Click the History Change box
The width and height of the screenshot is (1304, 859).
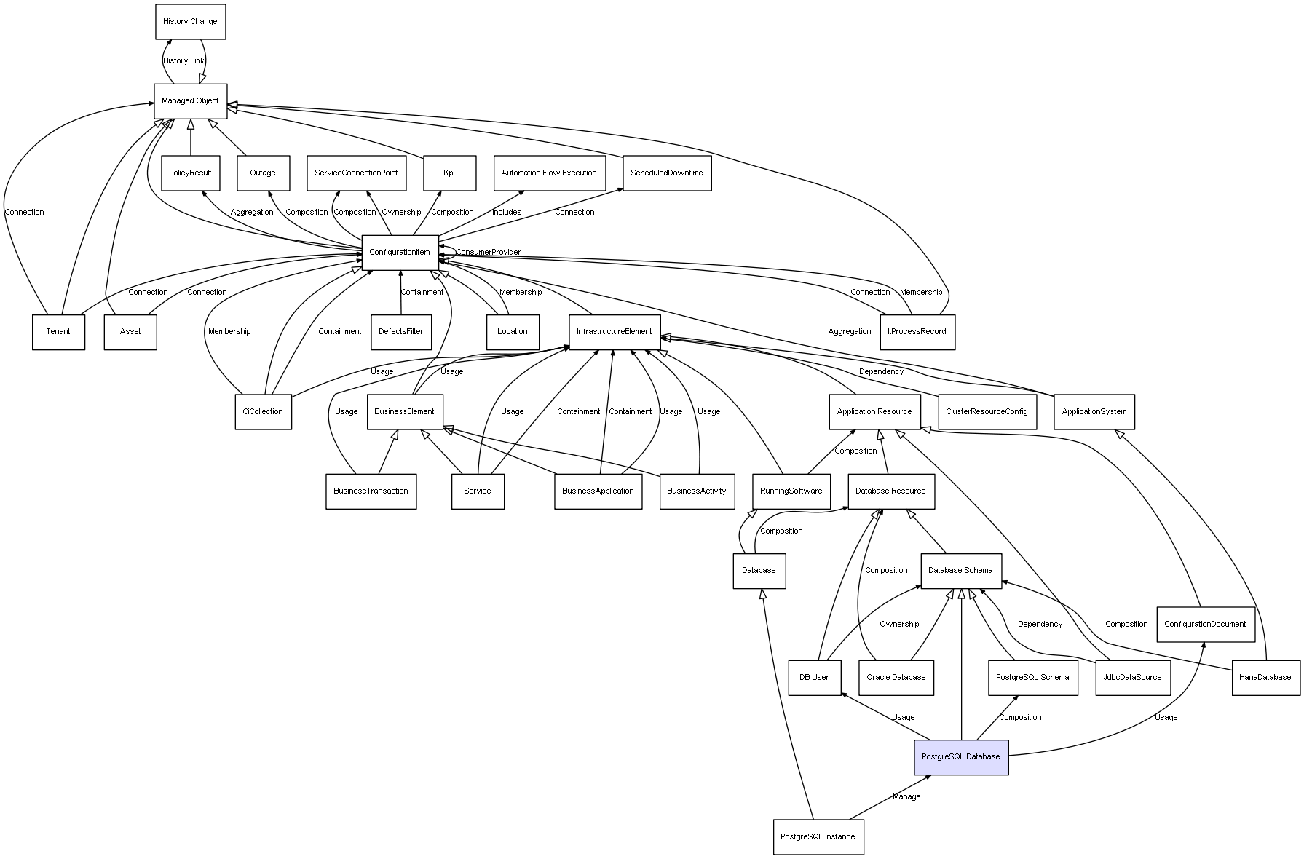pyautogui.click(x=190, y=22)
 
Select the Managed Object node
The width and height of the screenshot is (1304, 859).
pyautogui.click(x=190, y=101)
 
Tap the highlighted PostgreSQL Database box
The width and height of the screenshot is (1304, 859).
pyautogui.click(x=961, y=757)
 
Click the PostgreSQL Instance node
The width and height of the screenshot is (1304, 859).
pyautogui.click(x=818, y=836)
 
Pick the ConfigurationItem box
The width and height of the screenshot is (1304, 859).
pyautogui.click(x=400, y=253)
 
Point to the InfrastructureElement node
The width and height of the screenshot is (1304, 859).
pyautogui.click(x=614, y=332)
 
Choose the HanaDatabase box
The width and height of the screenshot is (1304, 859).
pyautogui.click(x=1265, y=677)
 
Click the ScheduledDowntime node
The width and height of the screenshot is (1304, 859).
pyautogui.click(x=666, y=173)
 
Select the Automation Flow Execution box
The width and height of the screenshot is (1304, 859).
pyautogui.click(x=549, y=173)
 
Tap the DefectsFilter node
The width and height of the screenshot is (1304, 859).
pyautogui.click(x=400, y=332)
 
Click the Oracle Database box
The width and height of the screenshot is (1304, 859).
pyautogui.click(x=896, y=677)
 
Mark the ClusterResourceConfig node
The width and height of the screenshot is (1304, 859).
pyautogui.click(x=987, y=412)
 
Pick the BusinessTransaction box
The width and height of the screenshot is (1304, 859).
pyautogui.click(x=371, y=491)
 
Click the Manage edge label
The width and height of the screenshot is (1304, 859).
pyautogui.click(x=906, y=796)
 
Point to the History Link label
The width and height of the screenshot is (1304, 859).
pyautogui.click(x=184, y=61)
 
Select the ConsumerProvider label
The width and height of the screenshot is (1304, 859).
pyautogui.click(x=488, y=253)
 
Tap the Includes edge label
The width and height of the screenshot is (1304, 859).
pyautogui.click(x=507, y=213)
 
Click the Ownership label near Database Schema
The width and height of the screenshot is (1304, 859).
pyautogui.click(x=899, y=624)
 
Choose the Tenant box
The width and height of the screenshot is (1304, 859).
pyautogui.click(x=58, y=332)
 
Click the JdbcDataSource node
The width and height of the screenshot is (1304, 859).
pyautogui.click(x=1132, y=677)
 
